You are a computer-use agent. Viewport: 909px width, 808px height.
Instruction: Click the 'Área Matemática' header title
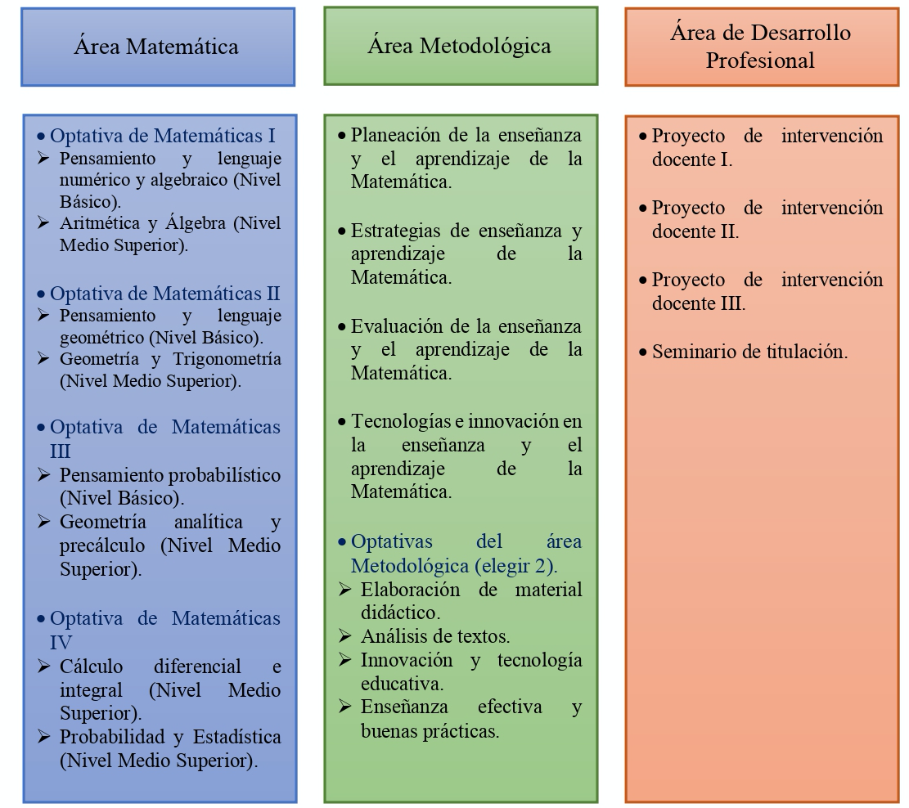[156, 47]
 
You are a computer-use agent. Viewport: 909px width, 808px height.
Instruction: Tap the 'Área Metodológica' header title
[459, 46]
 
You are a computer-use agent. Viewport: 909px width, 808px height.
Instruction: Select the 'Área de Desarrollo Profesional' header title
[761, 47]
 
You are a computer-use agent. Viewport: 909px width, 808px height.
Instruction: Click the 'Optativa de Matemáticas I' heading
[162, 136]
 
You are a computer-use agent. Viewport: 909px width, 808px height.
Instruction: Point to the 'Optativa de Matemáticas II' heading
[164, 294]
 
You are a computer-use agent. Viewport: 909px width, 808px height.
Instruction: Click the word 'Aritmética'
[99, 223]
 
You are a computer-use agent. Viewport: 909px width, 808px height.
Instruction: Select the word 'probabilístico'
[224, 476]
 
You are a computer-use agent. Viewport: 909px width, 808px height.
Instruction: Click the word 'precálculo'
[102, 545]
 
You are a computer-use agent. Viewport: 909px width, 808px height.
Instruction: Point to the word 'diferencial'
[197, 667]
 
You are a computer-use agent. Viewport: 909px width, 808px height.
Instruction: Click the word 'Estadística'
[237, 737]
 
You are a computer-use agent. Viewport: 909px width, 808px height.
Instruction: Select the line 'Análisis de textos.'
[435, 636]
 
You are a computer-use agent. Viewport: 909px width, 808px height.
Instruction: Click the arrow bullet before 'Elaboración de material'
[345, 590]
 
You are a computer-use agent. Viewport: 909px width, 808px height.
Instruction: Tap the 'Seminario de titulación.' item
[749, 352]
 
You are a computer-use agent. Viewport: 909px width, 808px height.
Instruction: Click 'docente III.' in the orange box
[699, 303]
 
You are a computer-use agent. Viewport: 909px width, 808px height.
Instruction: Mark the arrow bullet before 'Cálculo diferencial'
[43, 667]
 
